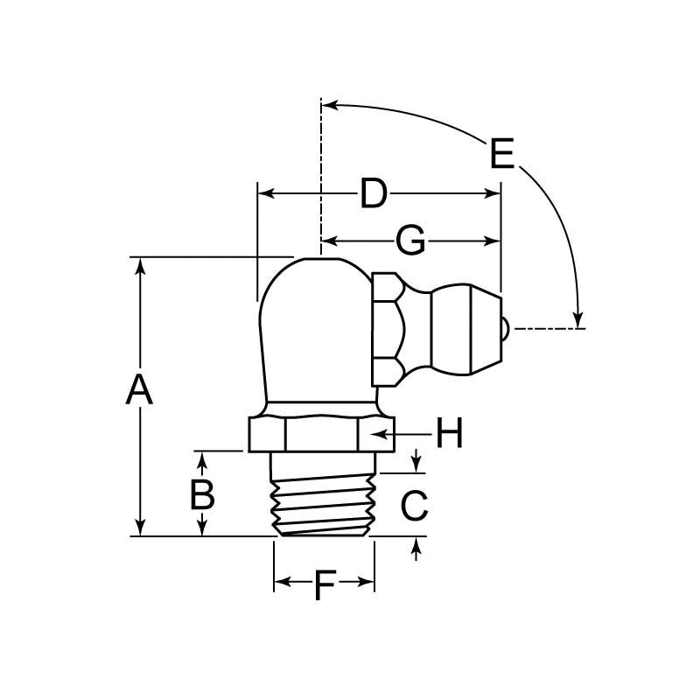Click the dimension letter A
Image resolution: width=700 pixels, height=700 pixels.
pyautogui.click(x=139, y=390)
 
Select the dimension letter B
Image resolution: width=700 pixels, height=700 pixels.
pyautogui.click(x=203, y=495)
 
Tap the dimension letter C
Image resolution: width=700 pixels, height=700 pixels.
pyautogui.click(x=414, y=504)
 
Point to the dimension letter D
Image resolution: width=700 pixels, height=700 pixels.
pyautogui.click(x=374, y=194)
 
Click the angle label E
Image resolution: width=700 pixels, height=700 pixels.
pyautogui.click(x=502, y=155)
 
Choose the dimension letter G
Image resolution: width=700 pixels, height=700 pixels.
pyautogui.click(x=410, y=240)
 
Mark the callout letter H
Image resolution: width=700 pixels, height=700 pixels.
pyautogui.click(x=449, y=434)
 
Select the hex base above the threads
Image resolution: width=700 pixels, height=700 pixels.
pyautogui.click(x=318, y=434)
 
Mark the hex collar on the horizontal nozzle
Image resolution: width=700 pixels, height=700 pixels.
pyautogui.click(x=388, y=329)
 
